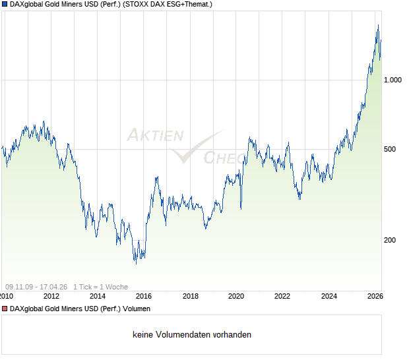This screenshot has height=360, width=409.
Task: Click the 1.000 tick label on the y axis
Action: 393,80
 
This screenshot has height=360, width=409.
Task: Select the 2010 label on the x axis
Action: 6,296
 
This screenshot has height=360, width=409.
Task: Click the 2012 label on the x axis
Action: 51,296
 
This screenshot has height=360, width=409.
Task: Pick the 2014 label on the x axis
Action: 98,296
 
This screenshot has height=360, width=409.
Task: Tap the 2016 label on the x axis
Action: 144,296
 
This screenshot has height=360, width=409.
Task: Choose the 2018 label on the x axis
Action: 190,296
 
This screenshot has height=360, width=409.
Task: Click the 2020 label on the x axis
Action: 236,296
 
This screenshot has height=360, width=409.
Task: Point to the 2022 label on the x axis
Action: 282,296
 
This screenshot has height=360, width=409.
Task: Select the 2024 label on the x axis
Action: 329,296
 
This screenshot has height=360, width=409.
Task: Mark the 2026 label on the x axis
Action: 374,296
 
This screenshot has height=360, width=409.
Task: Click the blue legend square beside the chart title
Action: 5,5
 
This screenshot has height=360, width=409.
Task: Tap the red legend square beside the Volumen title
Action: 5,309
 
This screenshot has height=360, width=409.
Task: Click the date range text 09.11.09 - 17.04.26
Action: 36,287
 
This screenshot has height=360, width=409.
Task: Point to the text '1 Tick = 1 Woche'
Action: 100,287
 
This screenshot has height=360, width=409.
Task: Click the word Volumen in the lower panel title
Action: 137,309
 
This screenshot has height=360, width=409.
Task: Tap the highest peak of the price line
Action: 378,25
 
